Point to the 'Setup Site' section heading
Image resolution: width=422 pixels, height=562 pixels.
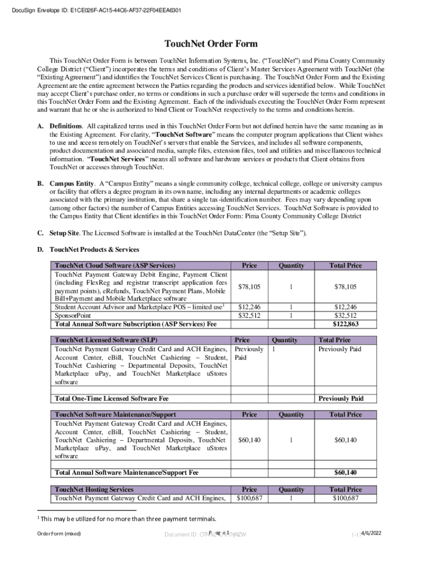65,233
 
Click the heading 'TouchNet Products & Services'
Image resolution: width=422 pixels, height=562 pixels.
94,250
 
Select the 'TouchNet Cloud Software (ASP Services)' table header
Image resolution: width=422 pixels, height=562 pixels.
115,266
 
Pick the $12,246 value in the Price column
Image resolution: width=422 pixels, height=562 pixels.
249,307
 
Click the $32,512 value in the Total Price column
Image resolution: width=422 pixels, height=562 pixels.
345,316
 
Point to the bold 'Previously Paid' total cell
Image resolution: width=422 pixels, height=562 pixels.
341,398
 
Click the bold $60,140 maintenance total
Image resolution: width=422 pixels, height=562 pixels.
345,473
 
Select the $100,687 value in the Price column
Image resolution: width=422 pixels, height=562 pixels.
249,498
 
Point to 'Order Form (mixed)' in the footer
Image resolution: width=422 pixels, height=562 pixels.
59,534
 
